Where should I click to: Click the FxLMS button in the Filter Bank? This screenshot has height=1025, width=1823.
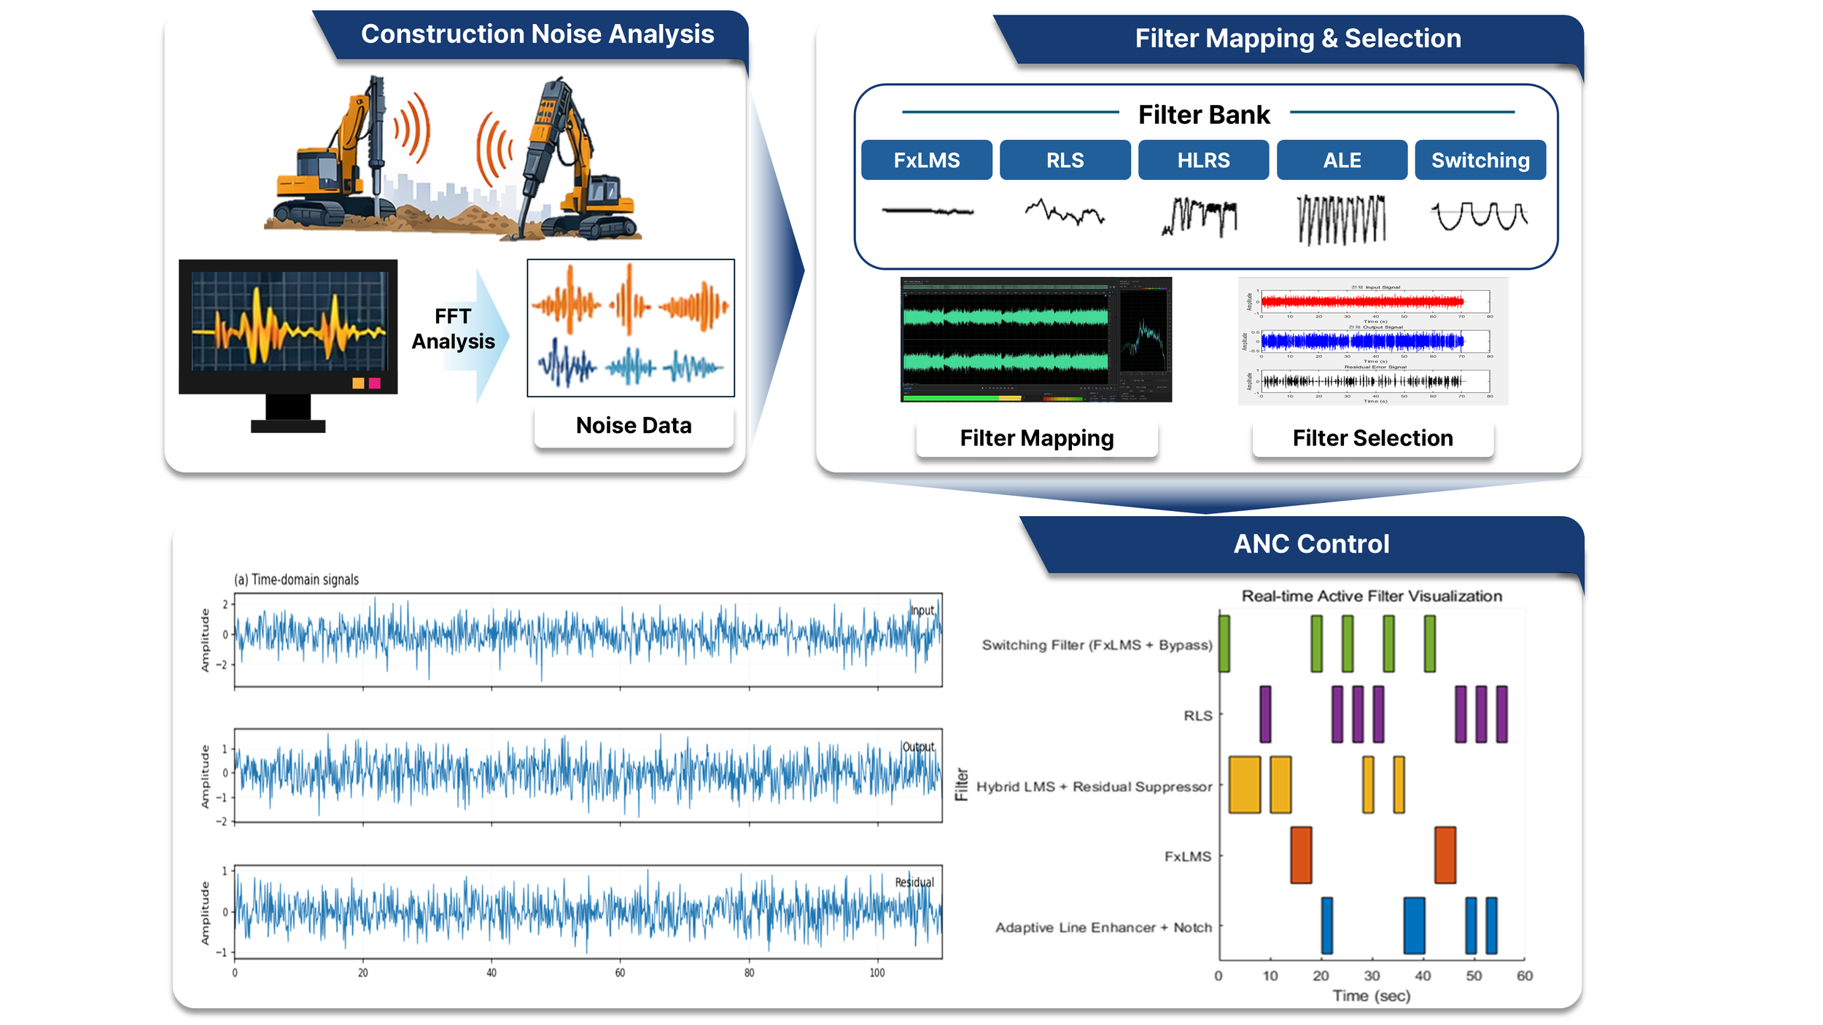[x=926, y=160]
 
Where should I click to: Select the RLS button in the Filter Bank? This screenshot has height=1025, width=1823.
[x=1065, y=160]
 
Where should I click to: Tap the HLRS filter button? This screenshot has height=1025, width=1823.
[x=1203, y=160]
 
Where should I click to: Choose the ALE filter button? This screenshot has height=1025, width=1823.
[x=1342, y=160]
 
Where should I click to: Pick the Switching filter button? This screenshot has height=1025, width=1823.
[x=1480, y=160]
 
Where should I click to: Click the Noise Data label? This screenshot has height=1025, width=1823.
[x=634, y=426]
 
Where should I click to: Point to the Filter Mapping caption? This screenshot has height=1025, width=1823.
[x=1037, y=438]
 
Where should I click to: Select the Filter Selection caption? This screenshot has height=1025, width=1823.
[x=1372, y=438]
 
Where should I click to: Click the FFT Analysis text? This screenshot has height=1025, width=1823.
[x=453, y=329]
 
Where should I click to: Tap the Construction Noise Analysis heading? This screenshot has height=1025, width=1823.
[x=537, y=34]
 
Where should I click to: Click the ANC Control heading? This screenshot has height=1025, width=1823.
[x=1311, y=544]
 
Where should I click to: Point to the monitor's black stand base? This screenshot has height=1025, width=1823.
[x=288, y=426]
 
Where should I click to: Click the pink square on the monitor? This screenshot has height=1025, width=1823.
[x=375, y=383]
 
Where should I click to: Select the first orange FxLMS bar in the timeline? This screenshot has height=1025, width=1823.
[x=1301, y=855]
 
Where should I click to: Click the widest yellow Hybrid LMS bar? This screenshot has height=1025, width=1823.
[x=1244, y=785]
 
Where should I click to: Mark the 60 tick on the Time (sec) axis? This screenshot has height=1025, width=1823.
[x=1524, y=976]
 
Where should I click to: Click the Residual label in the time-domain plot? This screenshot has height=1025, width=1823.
[x=914, y=882]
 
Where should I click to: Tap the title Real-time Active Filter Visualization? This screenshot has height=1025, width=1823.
[x=1372, y=596]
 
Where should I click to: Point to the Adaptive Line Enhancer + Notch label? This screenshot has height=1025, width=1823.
[x=1103, y=927]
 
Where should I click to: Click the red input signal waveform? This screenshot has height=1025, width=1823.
[x=1362, y=301]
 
